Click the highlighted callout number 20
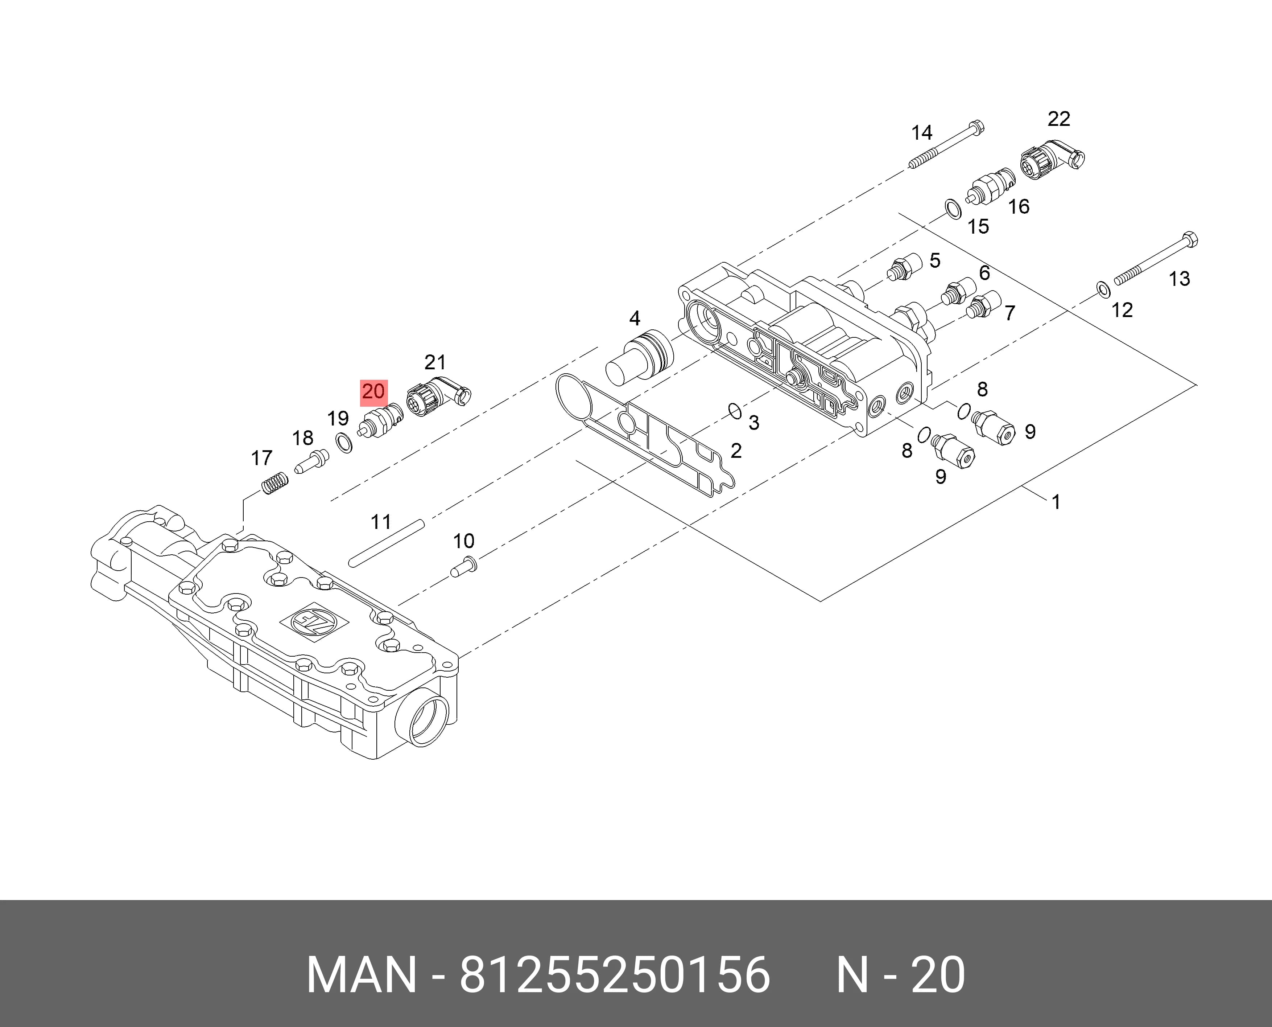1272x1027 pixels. point(373,392)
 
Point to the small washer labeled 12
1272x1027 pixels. point(1103,289)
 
